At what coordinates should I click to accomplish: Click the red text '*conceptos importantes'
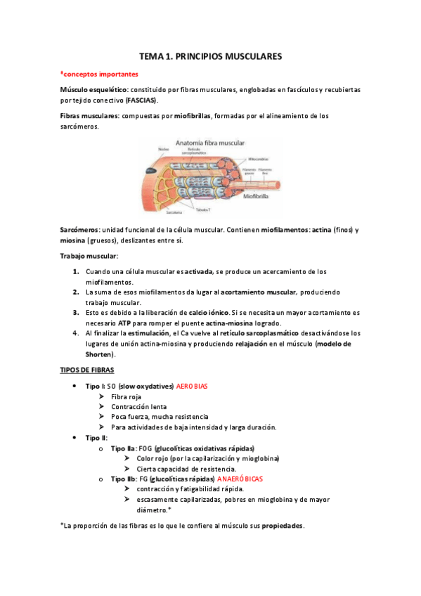click(x=99, y=73)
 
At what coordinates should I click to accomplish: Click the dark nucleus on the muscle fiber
click(x=152, y=171)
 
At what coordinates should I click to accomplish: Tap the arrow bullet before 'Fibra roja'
click(x=103, y=396)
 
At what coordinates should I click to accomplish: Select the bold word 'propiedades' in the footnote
click(x=283, y=525)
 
